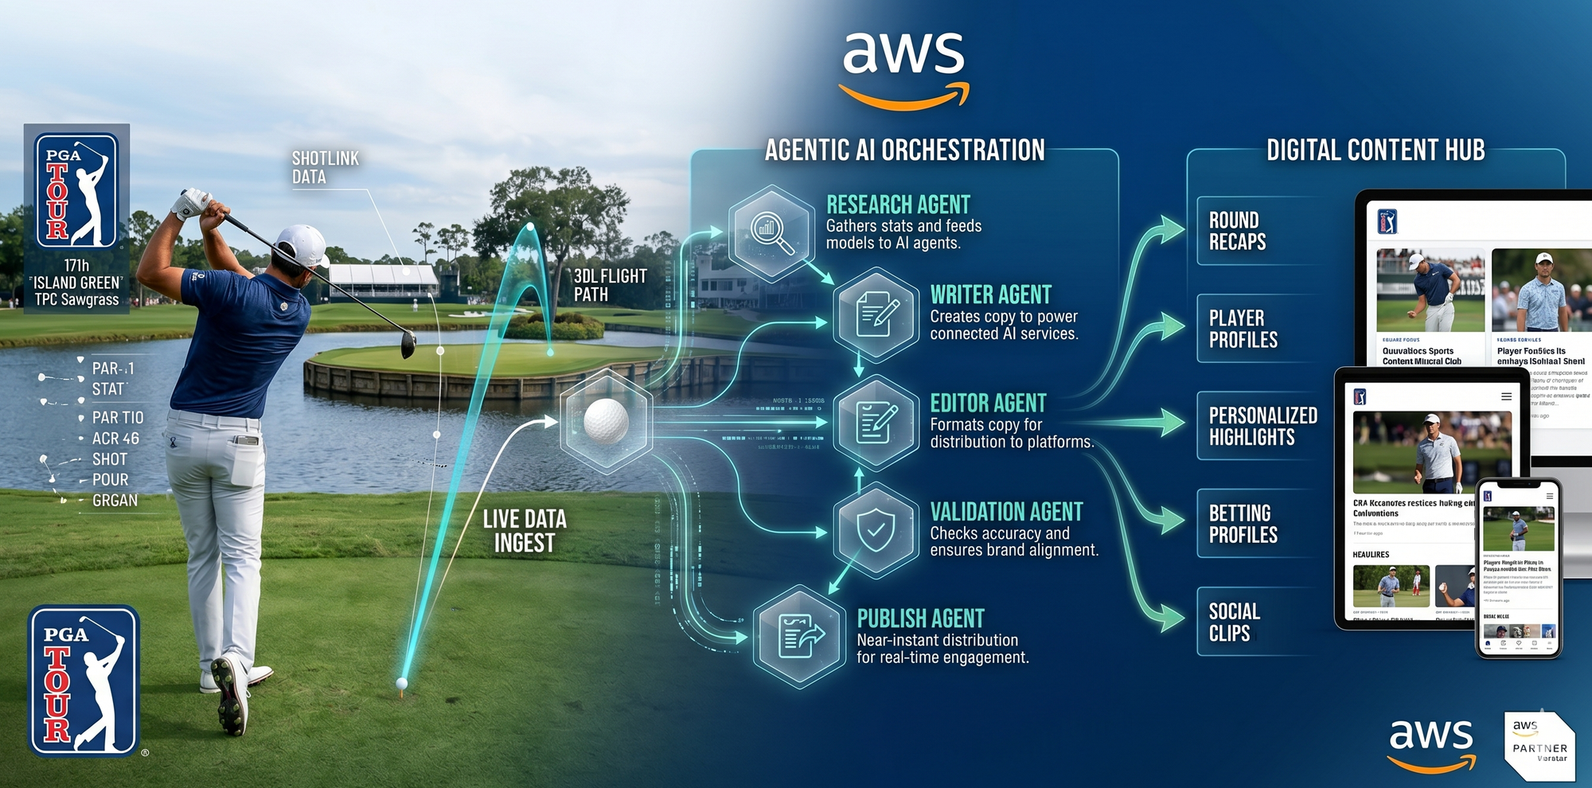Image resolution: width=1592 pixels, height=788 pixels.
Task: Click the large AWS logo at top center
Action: click(904, 68)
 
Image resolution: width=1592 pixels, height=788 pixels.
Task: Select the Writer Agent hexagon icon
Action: click(876, 314)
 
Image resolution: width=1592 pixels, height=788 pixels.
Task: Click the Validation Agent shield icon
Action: click(876, 529)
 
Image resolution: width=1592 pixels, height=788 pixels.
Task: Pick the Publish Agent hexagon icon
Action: click(800, 637)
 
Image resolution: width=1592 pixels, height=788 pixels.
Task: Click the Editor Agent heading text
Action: click(988, 403)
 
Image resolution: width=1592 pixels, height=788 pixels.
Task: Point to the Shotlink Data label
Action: click(325, 168)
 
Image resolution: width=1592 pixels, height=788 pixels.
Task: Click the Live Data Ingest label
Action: click(525, 531)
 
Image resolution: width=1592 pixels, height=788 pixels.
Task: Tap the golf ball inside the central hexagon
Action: click(606, 419)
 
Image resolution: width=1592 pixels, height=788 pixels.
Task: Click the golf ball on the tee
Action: click(402, 683)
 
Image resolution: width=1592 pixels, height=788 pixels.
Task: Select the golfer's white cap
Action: click(303, 244)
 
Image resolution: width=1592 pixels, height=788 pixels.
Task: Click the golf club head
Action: click(408, 344)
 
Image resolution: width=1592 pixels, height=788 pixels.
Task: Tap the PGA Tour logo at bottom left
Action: click(84, 681)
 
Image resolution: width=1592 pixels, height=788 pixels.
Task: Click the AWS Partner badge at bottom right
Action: click(1538, 745)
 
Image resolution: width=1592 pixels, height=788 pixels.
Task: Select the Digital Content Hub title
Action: click(1375, 150)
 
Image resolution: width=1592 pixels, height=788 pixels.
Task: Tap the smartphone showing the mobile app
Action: click(1518, 568)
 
